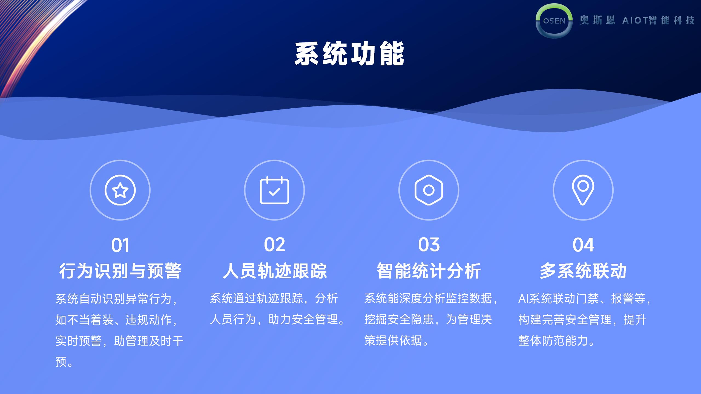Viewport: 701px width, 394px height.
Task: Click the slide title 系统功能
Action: tap(349, 54)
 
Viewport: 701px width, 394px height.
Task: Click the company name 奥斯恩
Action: tap(597, 20)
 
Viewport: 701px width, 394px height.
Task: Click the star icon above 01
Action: tap(120, 190)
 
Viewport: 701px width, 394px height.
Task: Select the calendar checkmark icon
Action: tap(274, 190)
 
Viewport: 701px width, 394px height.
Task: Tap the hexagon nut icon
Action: tap(429, 190)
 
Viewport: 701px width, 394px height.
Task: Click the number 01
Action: tap(120, 245)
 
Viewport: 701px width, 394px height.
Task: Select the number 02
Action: tap(274, 245)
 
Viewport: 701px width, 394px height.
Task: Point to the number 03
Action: tap(429, 245)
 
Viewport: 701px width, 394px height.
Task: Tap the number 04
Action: tap(583, 245)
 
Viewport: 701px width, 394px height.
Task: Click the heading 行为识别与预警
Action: tap(120, 271)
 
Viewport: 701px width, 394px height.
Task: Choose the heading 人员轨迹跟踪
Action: tap(275, 271)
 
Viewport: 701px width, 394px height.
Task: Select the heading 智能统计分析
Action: tap(429, 271)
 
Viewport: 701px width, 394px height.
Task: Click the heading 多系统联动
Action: tap(583, 271)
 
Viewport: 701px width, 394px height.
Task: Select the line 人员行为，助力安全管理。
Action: tap(277, 320)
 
